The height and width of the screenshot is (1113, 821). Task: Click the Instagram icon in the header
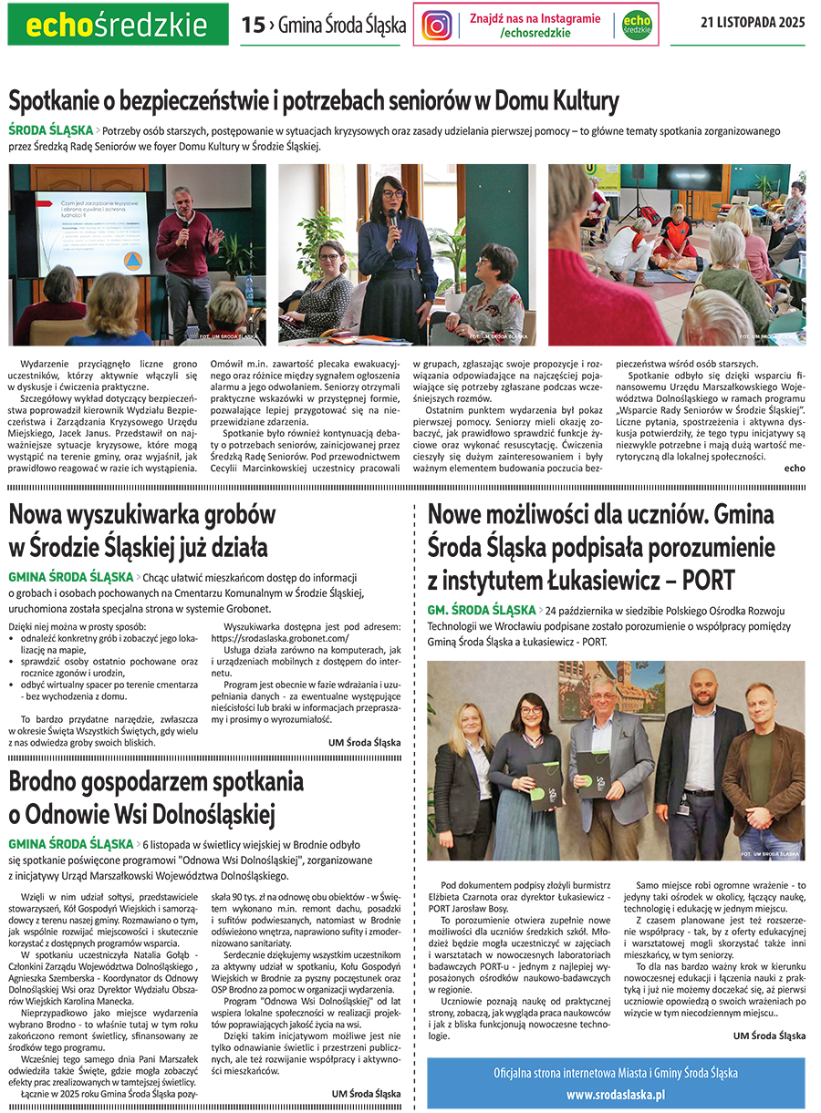click(x=437, y=25)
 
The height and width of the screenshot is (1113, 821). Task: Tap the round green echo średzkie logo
click(x=637, y=25)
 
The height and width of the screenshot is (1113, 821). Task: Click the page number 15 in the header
click(x=253, y=26)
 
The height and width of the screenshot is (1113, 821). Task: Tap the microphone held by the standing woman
click(x=393, y=219)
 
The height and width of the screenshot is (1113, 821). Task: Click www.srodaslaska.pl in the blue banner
click(x=616, y=1094)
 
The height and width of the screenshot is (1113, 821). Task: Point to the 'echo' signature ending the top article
click(x=795, y=468)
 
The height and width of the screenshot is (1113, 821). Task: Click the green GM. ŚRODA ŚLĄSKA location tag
click(x=481, y=609)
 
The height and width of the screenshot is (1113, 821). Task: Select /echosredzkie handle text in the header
click(x=535, y=33)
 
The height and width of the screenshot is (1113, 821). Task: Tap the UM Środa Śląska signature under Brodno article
click(x=365, y=1093)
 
